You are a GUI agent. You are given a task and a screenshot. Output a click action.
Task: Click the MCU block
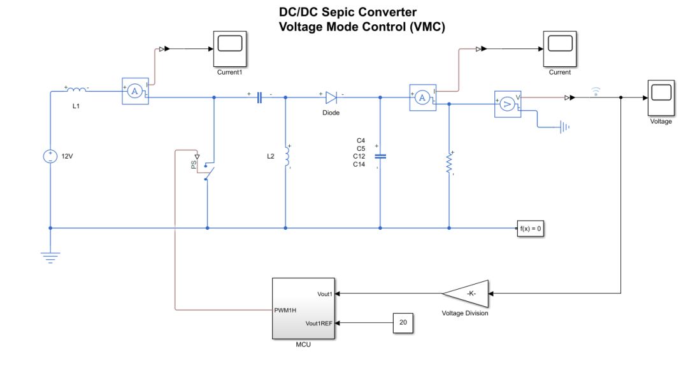(x=305, y=309)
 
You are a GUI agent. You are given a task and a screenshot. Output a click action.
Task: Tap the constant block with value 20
(x=403, y=323)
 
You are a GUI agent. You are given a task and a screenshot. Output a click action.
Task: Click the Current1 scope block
(x=230, y=48)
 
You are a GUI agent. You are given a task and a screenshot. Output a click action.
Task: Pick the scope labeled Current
(x=560, y=48)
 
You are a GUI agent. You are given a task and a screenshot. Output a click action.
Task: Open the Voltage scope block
(x=661, y=97)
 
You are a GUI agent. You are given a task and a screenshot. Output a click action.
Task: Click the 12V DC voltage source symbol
(x=50, y=156)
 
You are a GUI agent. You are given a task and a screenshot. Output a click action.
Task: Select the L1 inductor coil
(x=76, y=90)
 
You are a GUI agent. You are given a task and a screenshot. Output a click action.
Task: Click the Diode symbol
(x=331, y=97)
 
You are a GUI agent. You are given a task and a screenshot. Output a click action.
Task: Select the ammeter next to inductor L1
(x=134, y=92)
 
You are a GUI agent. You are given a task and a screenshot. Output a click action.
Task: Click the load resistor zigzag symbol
(x=449, y=164)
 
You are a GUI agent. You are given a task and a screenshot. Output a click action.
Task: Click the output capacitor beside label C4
(x=380, y=156)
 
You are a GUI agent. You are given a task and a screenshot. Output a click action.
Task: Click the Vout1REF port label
(x=319, y=323)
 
